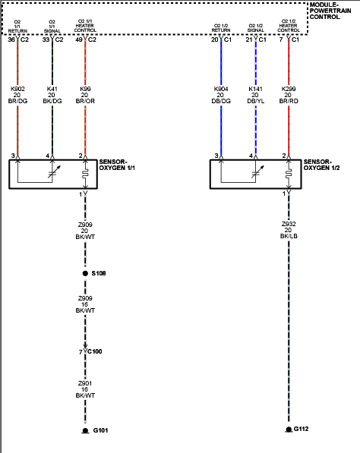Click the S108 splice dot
(85, 272)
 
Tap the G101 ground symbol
(85, 431)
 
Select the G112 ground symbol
(289, 429)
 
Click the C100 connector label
(95, 351)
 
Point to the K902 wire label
(17, 88)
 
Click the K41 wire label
(52, 88)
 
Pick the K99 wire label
(85, 88)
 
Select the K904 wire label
(221, 88)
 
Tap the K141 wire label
(255, 88)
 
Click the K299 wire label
(289, 88)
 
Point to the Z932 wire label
(289, 225)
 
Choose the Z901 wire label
(85, 384)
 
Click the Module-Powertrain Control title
(333, 11)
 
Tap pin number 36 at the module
(11, 39)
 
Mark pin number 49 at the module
(79, 39)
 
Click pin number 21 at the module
(248, 39)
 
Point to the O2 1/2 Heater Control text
(289, 26)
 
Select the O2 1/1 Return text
(17, 26)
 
